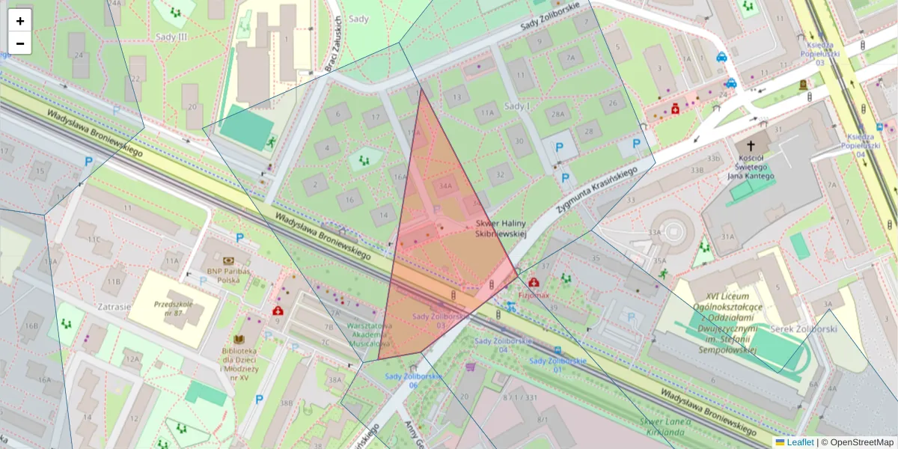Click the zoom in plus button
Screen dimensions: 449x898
click(20, 21)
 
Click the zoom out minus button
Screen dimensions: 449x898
click(20, 43)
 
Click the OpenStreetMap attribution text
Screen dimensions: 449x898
click(861, 442)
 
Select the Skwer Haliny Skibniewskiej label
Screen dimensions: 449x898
click(501, 229)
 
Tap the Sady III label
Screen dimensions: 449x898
click(171, 36)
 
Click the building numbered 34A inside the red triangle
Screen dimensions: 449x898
click(446, 186)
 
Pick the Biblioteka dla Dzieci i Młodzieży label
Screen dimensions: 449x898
click(239, 364)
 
